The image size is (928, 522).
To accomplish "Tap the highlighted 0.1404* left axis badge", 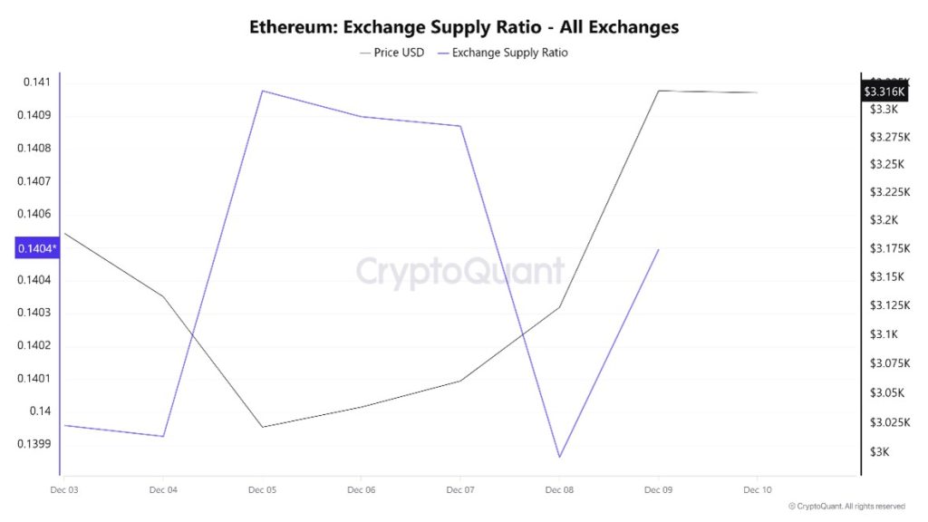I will click(37, 247).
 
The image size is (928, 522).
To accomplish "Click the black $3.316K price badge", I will click(884, 92).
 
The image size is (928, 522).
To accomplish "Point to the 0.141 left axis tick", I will click(37, 82).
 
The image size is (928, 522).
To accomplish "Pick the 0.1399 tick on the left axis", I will click(34, 444).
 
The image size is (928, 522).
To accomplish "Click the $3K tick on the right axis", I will click(879, 451).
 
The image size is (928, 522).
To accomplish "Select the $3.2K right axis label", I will click(883, 220).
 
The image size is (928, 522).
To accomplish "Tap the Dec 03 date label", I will click(64, 489).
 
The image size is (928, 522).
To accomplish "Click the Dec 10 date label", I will click(757, 489).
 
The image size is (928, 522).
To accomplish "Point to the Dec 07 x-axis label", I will click(460, 489).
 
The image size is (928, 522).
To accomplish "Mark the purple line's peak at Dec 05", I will click(262, 91).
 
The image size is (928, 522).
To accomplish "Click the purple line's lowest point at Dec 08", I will click(559, 457).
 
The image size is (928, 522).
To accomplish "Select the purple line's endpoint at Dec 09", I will click(658, 249).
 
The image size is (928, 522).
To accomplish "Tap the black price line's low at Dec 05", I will click(262, 427).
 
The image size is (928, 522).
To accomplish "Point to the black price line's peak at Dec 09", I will click(658, 91).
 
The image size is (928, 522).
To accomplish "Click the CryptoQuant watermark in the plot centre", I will click(459, 271).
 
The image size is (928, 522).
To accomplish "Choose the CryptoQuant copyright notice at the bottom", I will click(846, 506).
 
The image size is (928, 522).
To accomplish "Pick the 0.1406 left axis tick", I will click(34, 214).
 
